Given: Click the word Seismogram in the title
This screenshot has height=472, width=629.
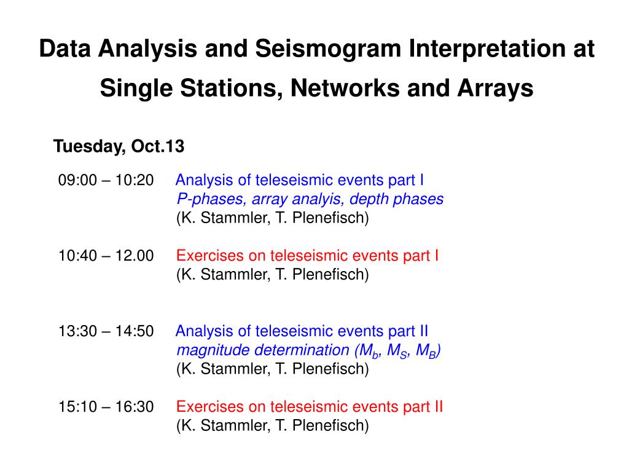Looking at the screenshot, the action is [328, 49].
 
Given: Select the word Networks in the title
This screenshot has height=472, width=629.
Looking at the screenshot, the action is [345, 88].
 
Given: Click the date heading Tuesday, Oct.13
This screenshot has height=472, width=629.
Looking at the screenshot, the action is [119, 146].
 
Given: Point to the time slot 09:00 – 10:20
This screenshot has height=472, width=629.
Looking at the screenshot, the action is [106, 180].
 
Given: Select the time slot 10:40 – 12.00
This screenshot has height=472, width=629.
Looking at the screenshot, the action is [106, 256].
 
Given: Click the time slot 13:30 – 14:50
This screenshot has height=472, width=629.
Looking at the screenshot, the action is [106, 331].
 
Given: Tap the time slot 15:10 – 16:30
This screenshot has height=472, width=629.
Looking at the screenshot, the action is [106, 407].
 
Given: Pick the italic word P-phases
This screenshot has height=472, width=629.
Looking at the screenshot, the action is [211, 199].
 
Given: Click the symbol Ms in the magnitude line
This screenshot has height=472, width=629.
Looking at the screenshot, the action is [398, 351].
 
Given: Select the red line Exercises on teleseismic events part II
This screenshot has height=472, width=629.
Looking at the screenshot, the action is [310, 407].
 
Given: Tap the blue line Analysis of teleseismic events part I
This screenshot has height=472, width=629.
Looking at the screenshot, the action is [300, 180].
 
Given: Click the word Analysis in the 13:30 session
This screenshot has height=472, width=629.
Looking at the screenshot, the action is [204, 331].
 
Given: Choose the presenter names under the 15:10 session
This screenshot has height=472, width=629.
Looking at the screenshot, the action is [272, 425].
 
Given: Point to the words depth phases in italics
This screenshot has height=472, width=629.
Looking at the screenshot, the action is [396, 200].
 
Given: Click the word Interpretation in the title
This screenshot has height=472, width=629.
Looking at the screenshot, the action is [480, 49].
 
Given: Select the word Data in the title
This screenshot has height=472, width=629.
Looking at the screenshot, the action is [64, 49].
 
